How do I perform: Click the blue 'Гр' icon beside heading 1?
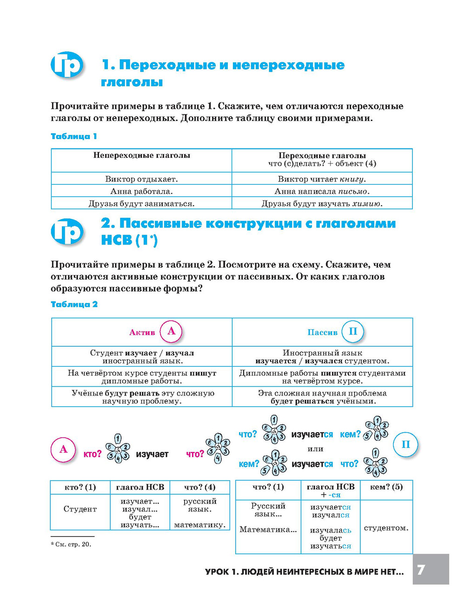[x=67, y=65]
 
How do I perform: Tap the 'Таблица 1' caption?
[x=73, y=136]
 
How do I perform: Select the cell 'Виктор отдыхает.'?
[x=141, y=179]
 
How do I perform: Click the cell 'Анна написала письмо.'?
[x=322, y=191]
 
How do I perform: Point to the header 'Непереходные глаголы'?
[x=141, y=155]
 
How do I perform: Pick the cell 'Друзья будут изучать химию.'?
[x=322, y=203]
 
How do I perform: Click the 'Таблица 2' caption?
[x=74, y=304]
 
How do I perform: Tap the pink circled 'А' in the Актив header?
[x=171, y=331]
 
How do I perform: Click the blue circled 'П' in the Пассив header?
[x=352, y=331]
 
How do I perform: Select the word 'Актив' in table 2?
[x=142, y=332]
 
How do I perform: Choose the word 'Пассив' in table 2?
[x=322, y=332]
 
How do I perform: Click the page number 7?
[x=421, y=569]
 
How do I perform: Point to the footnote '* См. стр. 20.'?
[x=71, y=544]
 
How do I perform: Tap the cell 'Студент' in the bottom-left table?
[x=80, y=509]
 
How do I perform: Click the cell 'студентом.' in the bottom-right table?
[x=386, y=528]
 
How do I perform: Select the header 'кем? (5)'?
[x=386, y=487]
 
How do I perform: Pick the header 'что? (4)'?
[x=199, y=487]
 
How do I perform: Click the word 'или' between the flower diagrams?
[x=315, y=449]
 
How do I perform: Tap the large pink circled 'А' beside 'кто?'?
[x=63, y=450]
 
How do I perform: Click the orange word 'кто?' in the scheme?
[x=92, y=454]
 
